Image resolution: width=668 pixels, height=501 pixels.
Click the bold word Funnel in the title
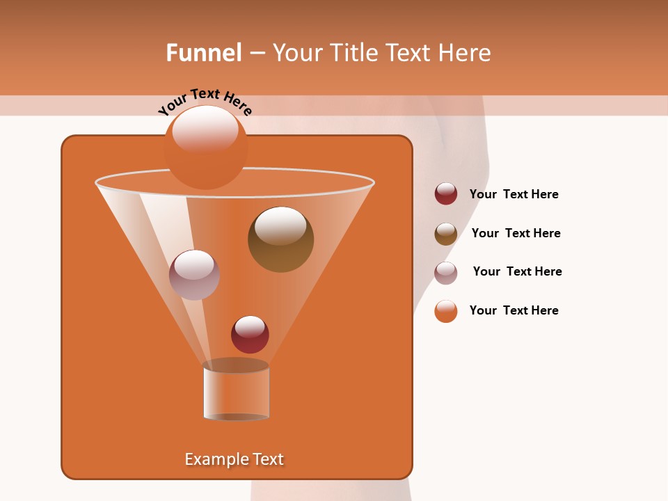[x=203, y=53]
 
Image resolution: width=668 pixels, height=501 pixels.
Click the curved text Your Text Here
[x=205, y=102]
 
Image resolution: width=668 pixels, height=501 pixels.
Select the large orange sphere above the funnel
[x=205, y=148]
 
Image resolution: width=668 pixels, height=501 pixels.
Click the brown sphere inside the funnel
[x=280, y=239]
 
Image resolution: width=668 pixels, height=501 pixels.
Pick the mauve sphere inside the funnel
[x=194, y=275]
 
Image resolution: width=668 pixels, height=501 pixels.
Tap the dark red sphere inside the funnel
[x=250, y=334]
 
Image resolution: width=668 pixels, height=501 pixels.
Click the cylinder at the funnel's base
[x=236, y=390]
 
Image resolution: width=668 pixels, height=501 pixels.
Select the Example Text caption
[x=234, y=459]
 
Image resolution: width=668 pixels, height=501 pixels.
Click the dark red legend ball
[x=446, y=193]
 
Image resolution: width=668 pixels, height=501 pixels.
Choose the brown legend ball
[x=446, y=234]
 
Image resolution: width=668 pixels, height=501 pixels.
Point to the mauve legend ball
[x=446, y=273]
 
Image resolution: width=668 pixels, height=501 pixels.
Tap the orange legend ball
[x=446, y=311]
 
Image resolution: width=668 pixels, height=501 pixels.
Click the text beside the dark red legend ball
[x=514, y=194]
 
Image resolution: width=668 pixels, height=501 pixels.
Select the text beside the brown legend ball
[x=516, y=233]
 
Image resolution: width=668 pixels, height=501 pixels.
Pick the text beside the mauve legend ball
[x=517, y=271]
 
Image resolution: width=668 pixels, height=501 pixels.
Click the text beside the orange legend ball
[x=514, y=310]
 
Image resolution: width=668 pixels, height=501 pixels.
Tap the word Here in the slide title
[x=467, y=53]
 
